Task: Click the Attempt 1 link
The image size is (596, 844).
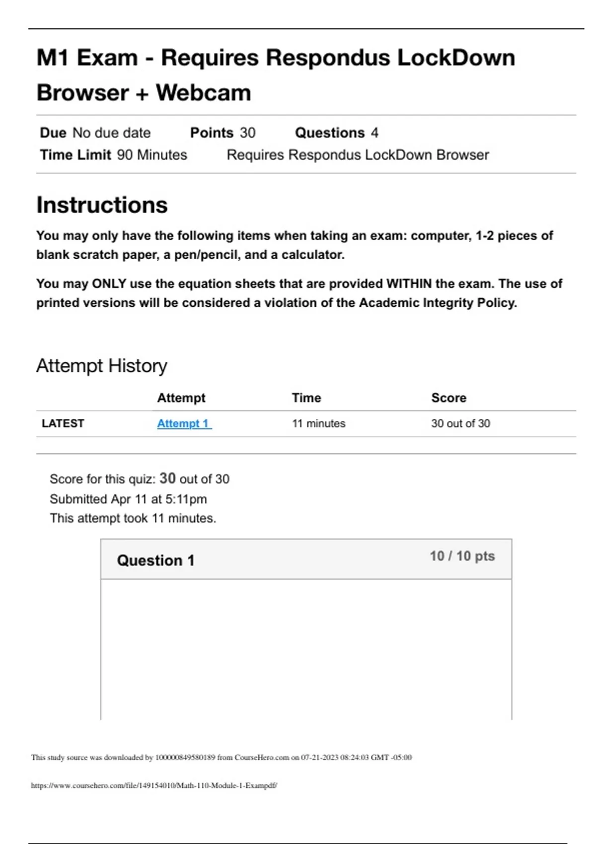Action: click(x=184, y=423)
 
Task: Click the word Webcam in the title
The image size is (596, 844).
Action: click(x=204, y=93)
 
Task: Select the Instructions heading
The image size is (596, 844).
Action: click(x=102, y=205)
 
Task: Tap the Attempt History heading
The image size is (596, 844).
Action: click(x=101, y=366)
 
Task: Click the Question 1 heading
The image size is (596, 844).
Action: click(x=155, y=561)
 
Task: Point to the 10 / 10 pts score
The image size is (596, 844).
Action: click(x=462, y=556)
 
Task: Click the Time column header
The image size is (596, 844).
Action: click(x=306, y=398)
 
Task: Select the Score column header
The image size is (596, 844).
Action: click(x=448, y=398)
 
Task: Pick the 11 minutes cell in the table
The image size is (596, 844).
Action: click(x=318, y=423)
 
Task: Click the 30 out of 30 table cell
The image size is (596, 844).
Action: click(x=460, y=423)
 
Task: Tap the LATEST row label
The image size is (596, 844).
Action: click(x=63, y=423)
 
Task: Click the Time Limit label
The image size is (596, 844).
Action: click(x=75, y=155)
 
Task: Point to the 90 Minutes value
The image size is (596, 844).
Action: click(x=152, y=155)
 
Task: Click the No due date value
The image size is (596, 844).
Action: click(x=111, y=133)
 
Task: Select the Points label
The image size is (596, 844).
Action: click(x=212, y=133)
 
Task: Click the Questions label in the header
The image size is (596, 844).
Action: click(x=330, y=133)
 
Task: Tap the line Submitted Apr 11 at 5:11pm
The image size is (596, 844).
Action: click(x=128, y=499)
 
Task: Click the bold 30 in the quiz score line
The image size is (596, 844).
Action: click(x=167, y=478)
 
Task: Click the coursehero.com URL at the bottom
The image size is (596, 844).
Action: click(x=154, y=785)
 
